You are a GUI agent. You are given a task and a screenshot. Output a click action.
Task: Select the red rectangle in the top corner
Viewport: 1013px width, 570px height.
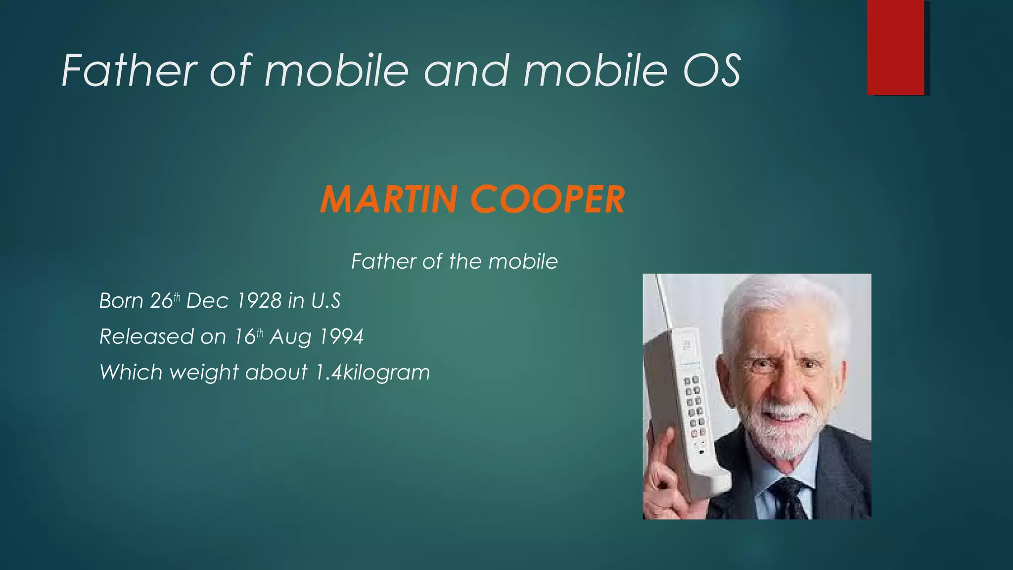895,47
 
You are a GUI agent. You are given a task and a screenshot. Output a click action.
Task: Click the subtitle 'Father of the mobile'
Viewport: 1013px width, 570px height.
454,261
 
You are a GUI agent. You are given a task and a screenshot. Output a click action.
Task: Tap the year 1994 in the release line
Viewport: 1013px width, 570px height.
341,336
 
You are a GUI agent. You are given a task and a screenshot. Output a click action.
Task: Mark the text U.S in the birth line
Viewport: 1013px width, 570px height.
325,301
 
